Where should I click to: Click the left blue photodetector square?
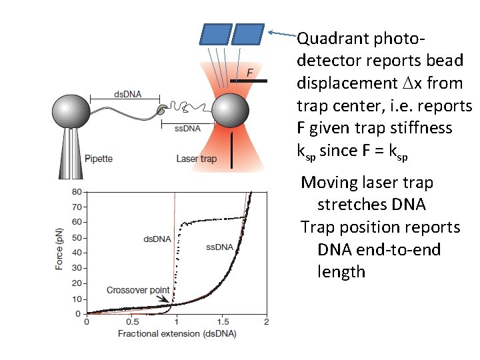217,33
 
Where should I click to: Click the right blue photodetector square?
249,33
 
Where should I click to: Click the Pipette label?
99,159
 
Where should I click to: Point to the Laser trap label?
197,159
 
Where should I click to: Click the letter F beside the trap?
250,72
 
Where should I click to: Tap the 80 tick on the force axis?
77,192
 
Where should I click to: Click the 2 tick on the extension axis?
266,322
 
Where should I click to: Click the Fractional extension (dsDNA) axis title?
177,333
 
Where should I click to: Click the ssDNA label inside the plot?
219,247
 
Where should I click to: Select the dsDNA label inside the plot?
157,238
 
